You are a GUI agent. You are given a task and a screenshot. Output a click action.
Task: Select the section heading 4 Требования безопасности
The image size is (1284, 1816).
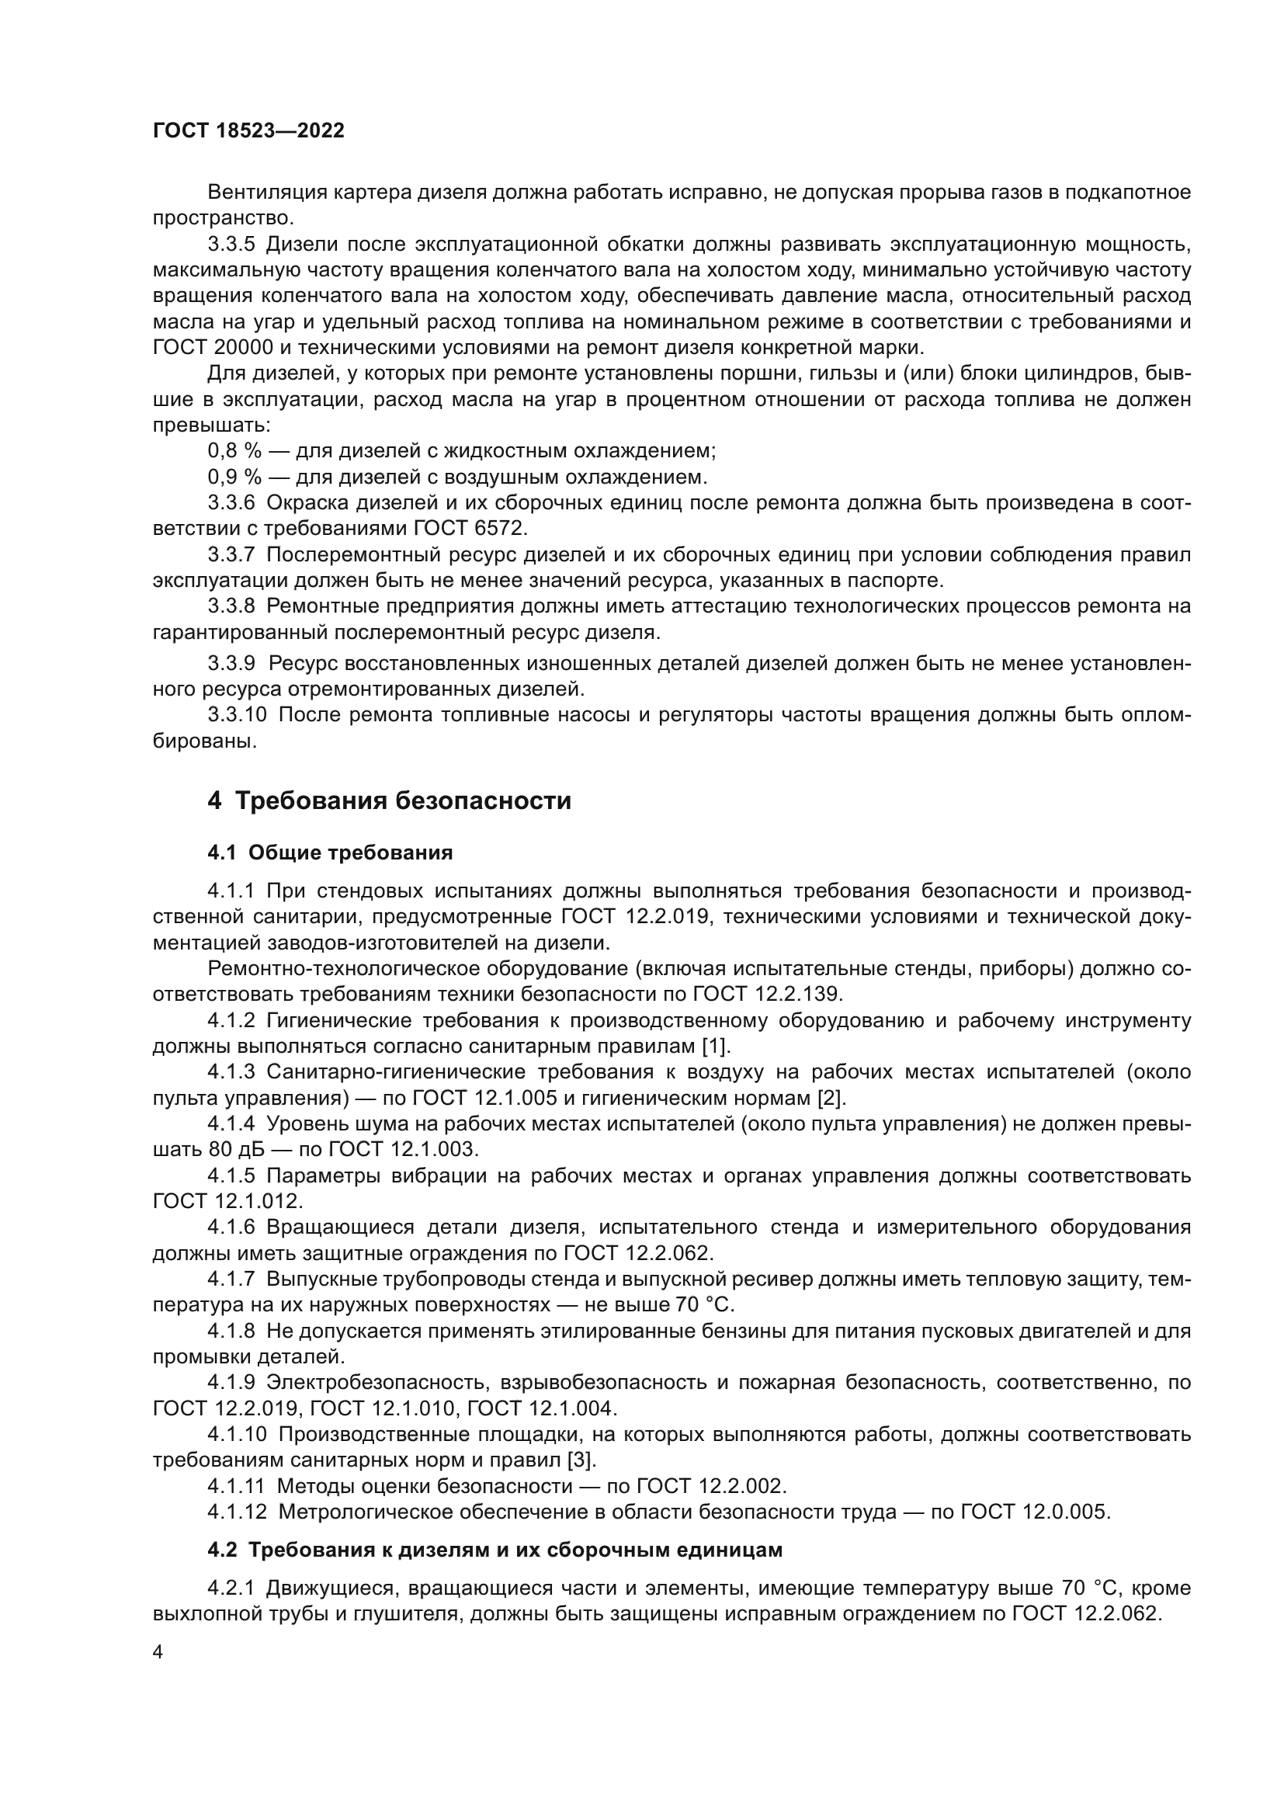(x=389, y=801)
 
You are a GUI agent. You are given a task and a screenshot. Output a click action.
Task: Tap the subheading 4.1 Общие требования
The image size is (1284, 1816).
(x=330, y=852)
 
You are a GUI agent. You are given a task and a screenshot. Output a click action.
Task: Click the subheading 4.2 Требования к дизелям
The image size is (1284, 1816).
(x=495, y=1550)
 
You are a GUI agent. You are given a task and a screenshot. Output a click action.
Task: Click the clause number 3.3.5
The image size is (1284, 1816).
(x=231, y=244)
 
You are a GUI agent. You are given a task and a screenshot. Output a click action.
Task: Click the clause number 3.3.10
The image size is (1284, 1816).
(x=238, y=715)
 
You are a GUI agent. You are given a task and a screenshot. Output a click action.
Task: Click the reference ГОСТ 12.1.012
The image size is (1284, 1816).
(x=227, y=1201)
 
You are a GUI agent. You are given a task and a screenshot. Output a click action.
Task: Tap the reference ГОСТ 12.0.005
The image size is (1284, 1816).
(x=1035, y=1512)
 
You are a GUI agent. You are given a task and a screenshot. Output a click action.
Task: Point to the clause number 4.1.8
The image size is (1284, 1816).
(x=231, y=1332)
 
